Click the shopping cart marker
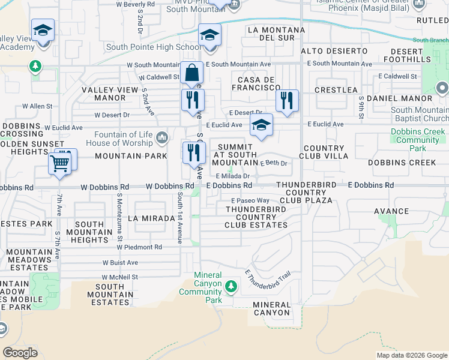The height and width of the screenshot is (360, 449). coord(60,162)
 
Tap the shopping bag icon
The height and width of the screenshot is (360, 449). coord(191,74)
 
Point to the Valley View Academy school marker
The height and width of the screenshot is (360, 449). coord(43,31)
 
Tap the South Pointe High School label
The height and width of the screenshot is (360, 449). coord(154,47)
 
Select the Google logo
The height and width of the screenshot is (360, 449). coord(20,352)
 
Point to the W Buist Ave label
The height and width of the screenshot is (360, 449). coord(120,262)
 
